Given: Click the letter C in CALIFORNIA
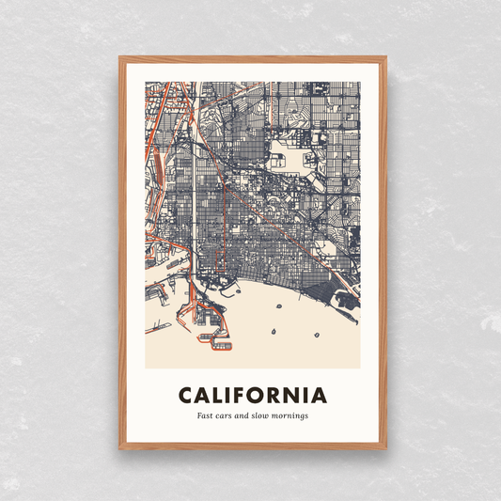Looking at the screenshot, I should coord(185,395).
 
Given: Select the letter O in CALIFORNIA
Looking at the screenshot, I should coord(258,395).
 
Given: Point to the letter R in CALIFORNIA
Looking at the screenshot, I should coord(278,395).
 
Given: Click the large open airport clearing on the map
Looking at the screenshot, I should coord(310,161).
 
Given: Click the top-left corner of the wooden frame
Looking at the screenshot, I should coord(120,58).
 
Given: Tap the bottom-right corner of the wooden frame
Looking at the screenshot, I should coord(385,448).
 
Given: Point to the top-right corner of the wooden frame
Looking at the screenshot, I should coord(385,58).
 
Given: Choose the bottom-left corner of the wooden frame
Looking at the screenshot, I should coord(120,448).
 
